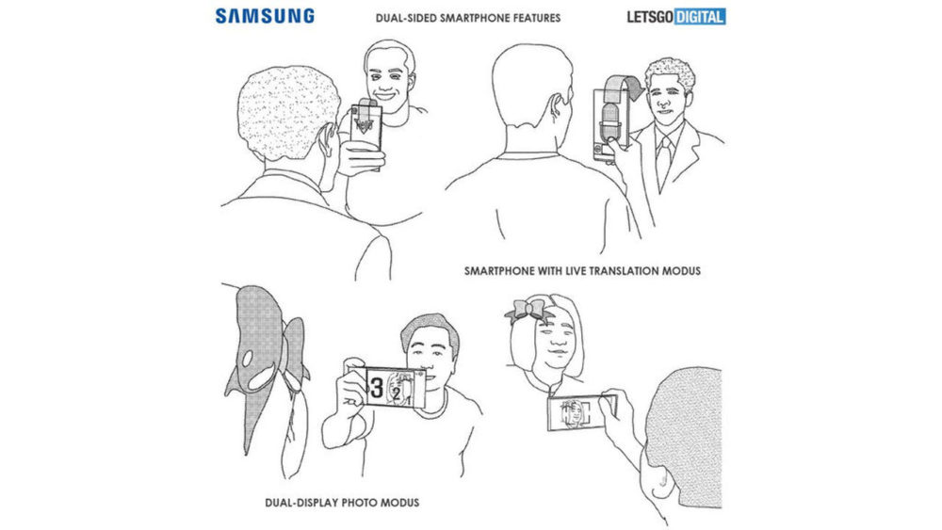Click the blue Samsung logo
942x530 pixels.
click(x=265, y=16)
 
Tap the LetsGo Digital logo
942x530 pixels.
click(x=676, y=16)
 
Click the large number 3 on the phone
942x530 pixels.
click(x=374, y=386)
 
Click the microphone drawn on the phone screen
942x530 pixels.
click(x=606, y=117)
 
